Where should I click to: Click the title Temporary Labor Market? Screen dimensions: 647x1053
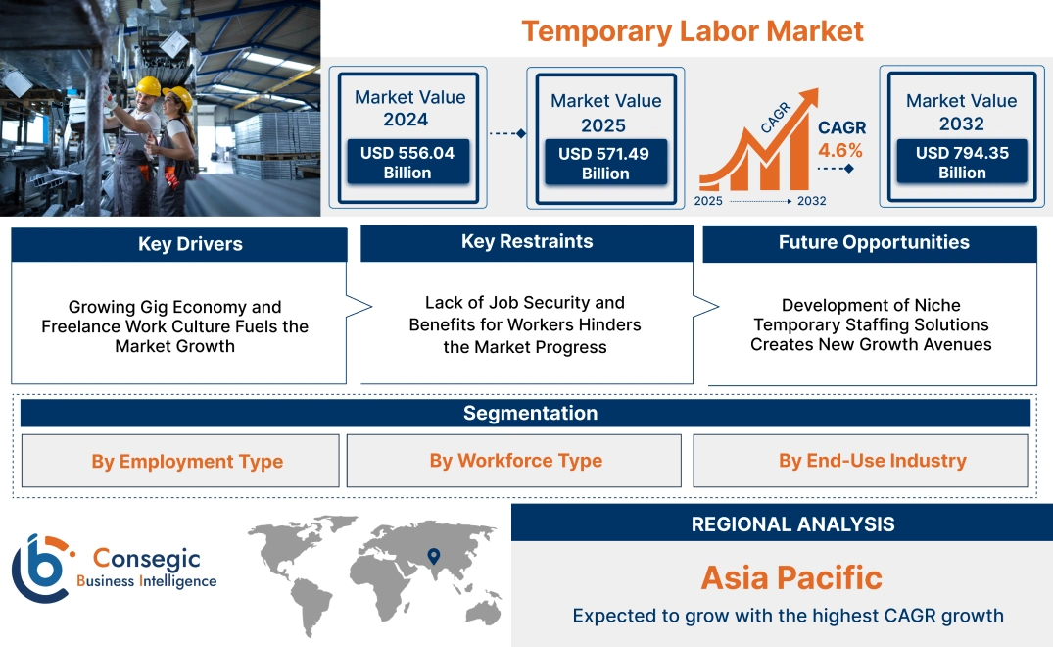pyautogui.click(x=692, y=30)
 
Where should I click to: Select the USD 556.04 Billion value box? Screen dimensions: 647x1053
pyautogui.click(x=407, y=163)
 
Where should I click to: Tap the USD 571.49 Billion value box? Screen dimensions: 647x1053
pyautogui.click(x=605, y=164)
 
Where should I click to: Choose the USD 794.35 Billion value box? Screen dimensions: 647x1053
pyautogui.click(x=962, y=163)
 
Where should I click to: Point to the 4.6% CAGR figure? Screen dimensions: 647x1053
pyautogui.click(x=840, y=150)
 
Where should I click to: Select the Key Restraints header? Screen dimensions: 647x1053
pyautogui.click(x=527, y=242)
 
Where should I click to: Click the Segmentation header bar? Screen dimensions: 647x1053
pyautogui.click(x=530, y=413)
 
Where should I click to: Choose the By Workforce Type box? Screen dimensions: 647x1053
pyautogui.click(x=515, y=461)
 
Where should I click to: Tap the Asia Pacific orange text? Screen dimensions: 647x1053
pyautogui.click(x=791, y=577)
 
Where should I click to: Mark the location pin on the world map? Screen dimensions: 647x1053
pyautogui.click(x=432, y=558)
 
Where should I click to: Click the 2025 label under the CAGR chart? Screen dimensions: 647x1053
pyautogui.click(x=708, y=201)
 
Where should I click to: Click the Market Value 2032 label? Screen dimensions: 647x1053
pyautogui.click(x=961, y=112)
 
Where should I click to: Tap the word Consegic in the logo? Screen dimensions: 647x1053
pyautogui.click(x=146, y=559)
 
